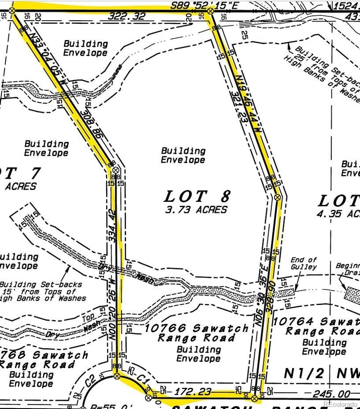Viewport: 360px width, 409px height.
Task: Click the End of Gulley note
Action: click(304, 263)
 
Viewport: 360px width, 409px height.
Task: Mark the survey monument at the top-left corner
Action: click(12, 10)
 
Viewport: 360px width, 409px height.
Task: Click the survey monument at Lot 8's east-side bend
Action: click(278, 197)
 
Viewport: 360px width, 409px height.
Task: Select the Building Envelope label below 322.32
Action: click(85, 48)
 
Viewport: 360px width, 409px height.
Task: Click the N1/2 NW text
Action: click(322, 373)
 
